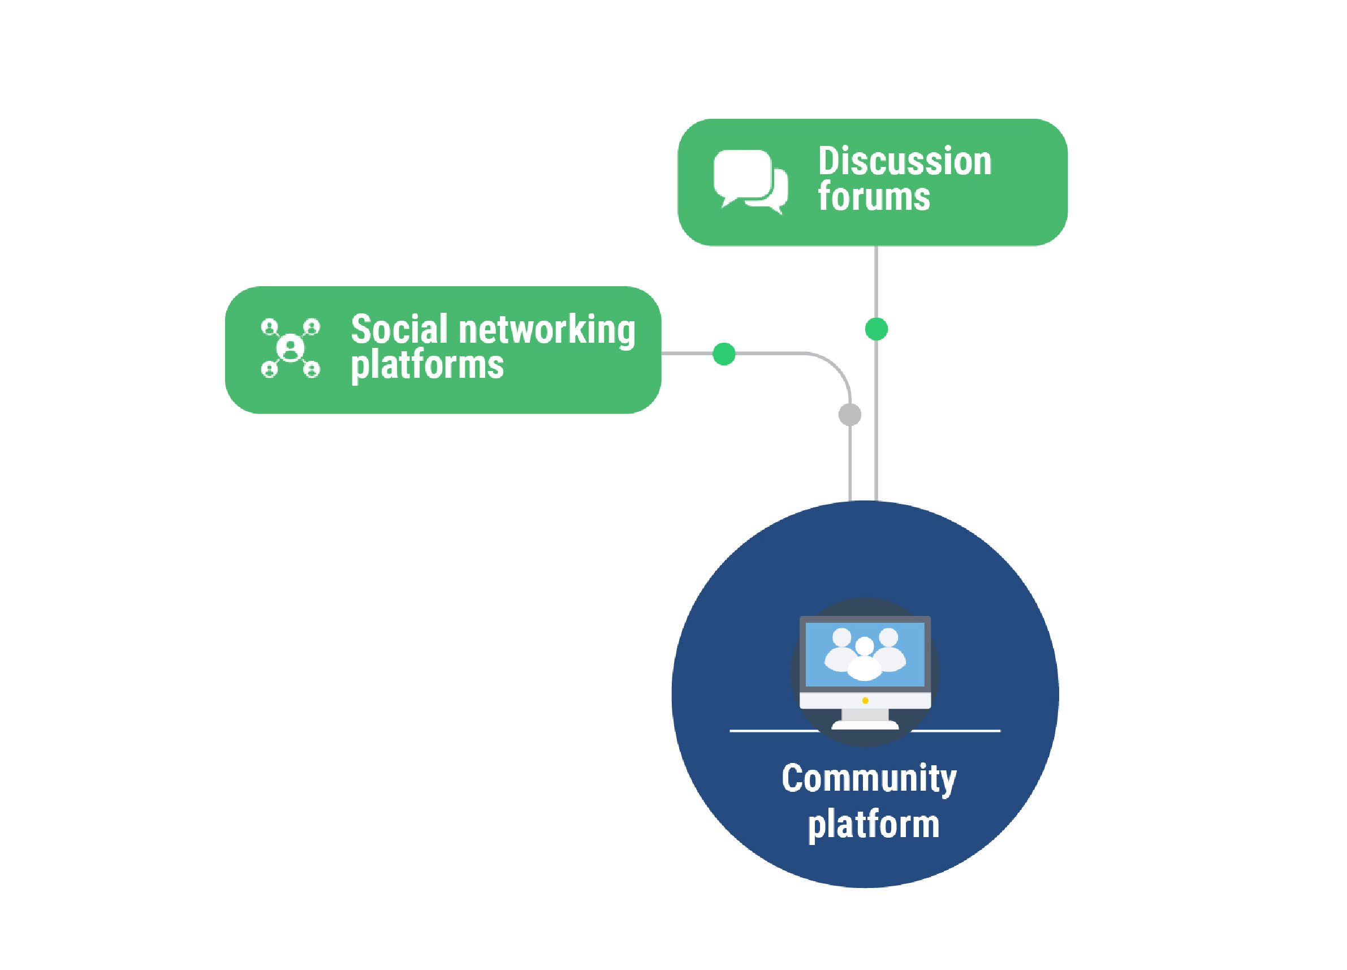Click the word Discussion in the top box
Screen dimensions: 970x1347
[x=905, y=162]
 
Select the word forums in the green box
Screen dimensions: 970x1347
[x=874, y=197]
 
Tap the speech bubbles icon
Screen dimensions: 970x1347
[x=750, y=180]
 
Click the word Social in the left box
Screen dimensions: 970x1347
[x=399, y=329]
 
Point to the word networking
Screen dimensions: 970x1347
[x=547, y=330]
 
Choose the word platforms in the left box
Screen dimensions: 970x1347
[x=427, y=365]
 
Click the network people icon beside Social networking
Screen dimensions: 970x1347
[x=291, y=348]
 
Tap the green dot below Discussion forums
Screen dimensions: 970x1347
[x=877, y=329]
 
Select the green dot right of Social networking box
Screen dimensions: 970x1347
[x=724, y=354]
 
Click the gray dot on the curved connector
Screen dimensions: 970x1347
[x=850, y=415]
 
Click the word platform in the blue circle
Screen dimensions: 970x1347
[x=874, y=825]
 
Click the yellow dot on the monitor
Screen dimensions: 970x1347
[x=865, y=701]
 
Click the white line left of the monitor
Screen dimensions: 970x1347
[x=772, y=731]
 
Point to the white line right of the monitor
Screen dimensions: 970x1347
[x=956, y=731]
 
